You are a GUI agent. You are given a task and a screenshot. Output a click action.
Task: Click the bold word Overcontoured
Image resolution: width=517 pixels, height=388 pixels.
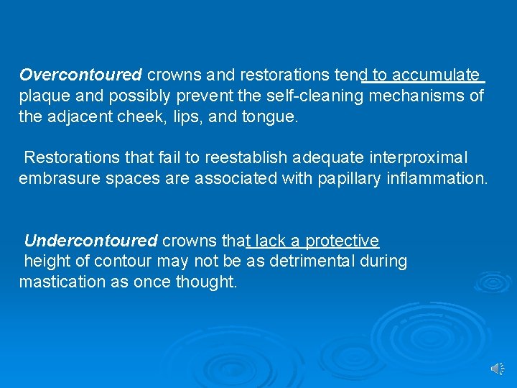(x=81, y=75)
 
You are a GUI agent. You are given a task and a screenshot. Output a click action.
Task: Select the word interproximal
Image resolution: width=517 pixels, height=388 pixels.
(x=417, y=157)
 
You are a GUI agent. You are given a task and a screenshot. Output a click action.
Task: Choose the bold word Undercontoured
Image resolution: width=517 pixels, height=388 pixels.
(x=90, y=241)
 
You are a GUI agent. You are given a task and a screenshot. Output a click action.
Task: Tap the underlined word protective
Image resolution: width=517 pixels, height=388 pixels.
(x=342, y=241)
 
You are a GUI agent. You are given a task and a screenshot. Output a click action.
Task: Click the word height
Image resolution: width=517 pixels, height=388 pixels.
(x=47, y=262)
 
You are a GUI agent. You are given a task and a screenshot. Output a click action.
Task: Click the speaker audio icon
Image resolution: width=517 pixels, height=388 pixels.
(x=497, y=368)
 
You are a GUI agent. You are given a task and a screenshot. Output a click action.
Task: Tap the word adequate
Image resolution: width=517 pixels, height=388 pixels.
(x=325, y=157)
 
